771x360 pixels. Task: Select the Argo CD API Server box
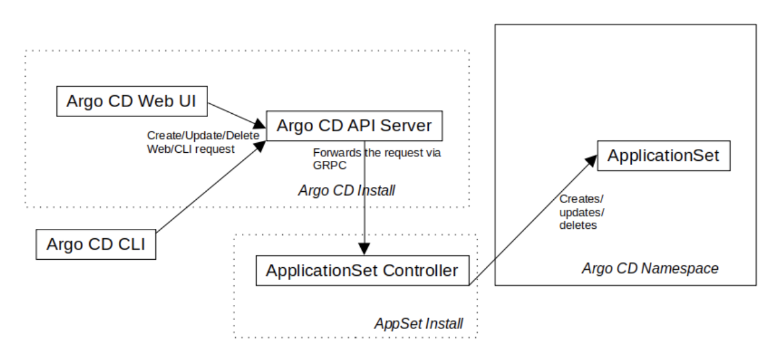point(355,126)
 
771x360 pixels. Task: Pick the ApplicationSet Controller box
point(361,270)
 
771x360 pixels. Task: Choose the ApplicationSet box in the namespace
point(663,156)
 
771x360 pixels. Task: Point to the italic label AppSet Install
point(418,323)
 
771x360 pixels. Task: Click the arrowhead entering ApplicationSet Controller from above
point(365,249)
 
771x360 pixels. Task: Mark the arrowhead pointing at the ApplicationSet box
point(591,160)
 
